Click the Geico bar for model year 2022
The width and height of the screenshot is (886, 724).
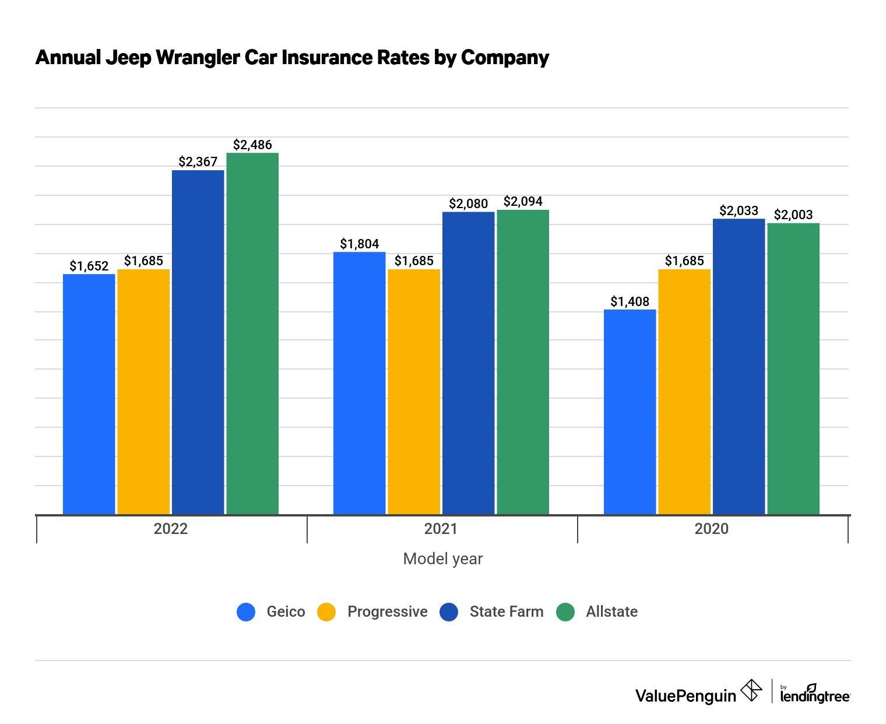[x=89, y=394]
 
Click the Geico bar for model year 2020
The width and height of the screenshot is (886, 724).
[x=630, y=412]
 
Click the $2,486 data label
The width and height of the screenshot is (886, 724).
[x=252, y=145]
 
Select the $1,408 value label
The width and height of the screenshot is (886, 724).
[x=630, y=301]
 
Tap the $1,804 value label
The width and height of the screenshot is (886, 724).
[x=359, y=244]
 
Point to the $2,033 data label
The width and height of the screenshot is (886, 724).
[x=739, y=210]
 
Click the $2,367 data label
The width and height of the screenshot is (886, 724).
[x=198, y=161]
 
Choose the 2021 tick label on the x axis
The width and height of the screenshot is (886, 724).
[x=441, y=529]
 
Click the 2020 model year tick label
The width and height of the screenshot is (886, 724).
[x=711, y=529]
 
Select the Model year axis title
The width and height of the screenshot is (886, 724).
[x=443, y=559]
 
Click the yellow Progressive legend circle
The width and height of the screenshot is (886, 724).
[x=326, y=612]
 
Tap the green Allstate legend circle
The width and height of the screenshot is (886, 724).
[x=565, y=612]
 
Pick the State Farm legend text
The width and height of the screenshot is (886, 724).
[x=506, y=612]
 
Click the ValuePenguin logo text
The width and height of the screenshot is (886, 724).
[x=685, y=695]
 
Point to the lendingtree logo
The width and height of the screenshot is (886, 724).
[x=814, y=694]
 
